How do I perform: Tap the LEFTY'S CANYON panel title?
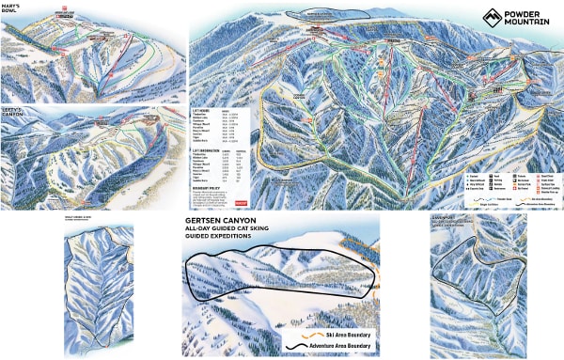pyautogui.click(x=14, y=112)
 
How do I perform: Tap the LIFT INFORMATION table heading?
pyautogui.click(x=209, y=149)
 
